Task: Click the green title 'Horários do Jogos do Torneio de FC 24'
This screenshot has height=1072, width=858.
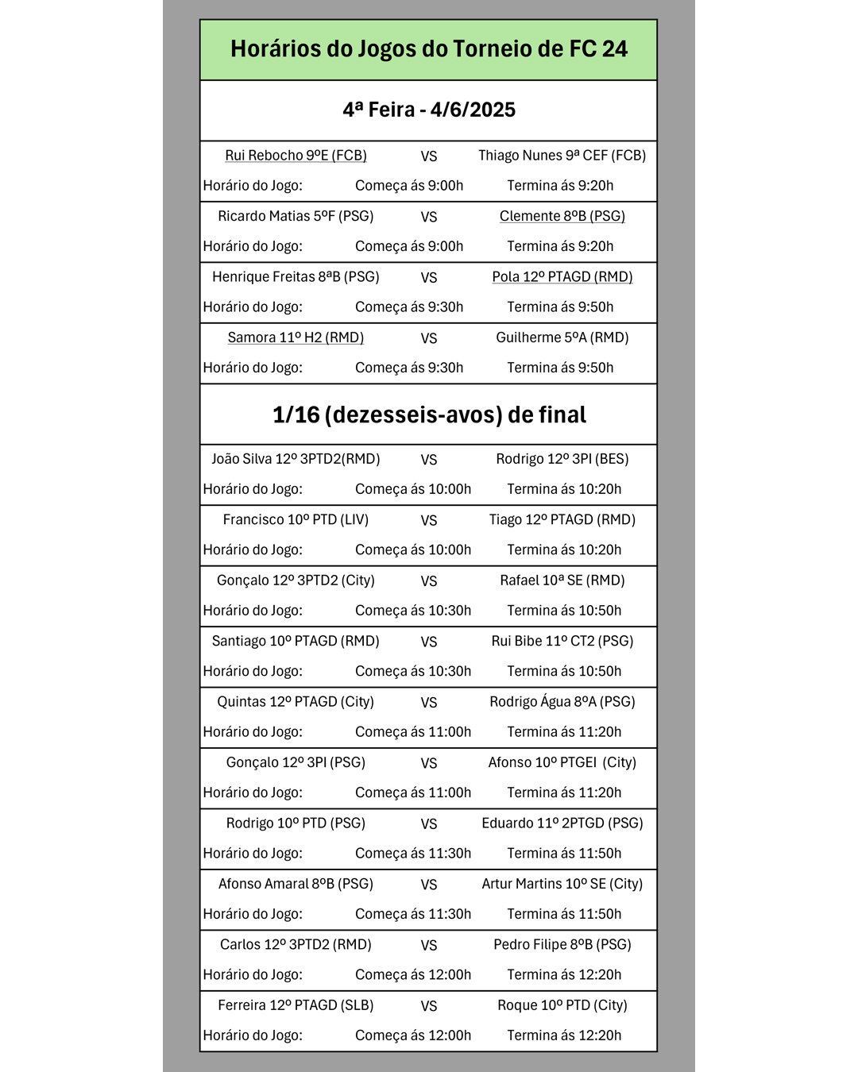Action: tap(429, 49)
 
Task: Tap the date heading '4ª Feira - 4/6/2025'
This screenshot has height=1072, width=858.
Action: tap(429, 110)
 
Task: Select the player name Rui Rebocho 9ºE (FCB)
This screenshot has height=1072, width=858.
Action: tap(296, 156)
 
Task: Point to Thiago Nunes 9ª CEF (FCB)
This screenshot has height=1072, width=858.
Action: tap(562, 156)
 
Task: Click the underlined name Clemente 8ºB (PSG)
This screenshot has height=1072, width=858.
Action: tap(562, 216)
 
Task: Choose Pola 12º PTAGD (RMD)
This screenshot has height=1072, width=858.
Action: tap(562, 277)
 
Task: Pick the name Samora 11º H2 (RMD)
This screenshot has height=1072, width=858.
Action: tap(296, 337)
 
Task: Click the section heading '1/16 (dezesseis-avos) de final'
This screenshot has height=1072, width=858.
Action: tap(429, 415)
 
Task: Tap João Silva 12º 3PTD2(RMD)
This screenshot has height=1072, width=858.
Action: tap(296, 459)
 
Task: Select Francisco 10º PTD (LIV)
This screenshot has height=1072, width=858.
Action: tap(296, 520)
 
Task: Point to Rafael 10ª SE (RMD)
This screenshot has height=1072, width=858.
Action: tap(562, 580)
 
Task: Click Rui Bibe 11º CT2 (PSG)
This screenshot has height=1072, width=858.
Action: tap(562, 641)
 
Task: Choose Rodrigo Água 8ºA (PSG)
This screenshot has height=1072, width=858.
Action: tap(562, 702)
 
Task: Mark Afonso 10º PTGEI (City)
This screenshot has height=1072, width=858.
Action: tap(562, 762)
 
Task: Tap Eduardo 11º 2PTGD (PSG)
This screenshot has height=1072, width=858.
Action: tap(562, 823)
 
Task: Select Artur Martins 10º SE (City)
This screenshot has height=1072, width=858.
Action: tap(562, 884)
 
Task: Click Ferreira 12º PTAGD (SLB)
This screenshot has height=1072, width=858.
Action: tap(296, 1005)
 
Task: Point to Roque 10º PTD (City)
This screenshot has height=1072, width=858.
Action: tap(562, 1005)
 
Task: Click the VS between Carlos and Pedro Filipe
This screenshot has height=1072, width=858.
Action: tap(429, 946)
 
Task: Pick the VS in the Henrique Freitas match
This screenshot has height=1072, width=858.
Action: tap(429, 278)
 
